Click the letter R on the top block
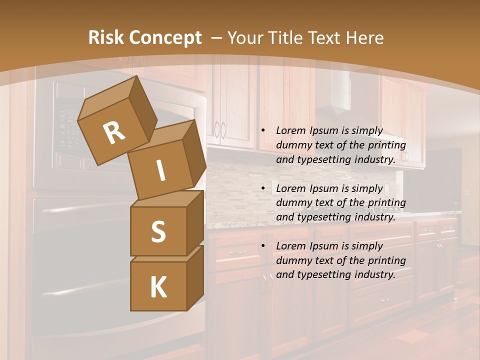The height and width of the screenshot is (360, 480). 114,133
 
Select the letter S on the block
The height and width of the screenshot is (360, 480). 158,231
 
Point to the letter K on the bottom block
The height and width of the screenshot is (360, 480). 158,287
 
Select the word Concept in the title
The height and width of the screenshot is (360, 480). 164,38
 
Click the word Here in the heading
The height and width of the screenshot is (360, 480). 364,38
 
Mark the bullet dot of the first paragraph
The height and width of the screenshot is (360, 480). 263,130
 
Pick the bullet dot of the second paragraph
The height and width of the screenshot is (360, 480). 263,188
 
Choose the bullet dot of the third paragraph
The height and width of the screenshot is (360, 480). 263,246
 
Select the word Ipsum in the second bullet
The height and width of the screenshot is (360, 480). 324,188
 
